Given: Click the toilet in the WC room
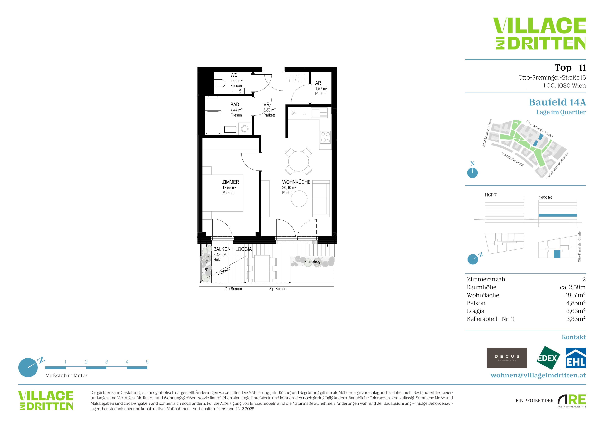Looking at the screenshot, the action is (x=220, y=83).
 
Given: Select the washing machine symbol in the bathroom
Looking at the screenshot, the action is (x=245, y=129).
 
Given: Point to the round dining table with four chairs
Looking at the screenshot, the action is (x=298, y=161).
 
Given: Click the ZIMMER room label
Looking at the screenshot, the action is (x=230, y=182).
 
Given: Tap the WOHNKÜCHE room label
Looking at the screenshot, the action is (x=296, y=182).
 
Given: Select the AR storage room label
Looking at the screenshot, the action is (x=318, y=83).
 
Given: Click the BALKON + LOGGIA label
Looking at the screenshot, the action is (x=233, y=249).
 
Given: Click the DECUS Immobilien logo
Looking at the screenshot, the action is (x=507, y=358).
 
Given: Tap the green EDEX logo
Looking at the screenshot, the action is (x=548, y=358).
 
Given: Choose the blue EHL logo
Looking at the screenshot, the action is (x=576, y=358).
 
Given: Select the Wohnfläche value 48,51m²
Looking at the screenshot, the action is (x=575, y=295).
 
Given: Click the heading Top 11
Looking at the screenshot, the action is (x=570, y=68).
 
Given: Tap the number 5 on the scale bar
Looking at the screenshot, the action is (x=147, y=362).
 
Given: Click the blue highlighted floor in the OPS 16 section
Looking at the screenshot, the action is (x=558, y=215).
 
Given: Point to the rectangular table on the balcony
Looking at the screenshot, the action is (x=262, y=268).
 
